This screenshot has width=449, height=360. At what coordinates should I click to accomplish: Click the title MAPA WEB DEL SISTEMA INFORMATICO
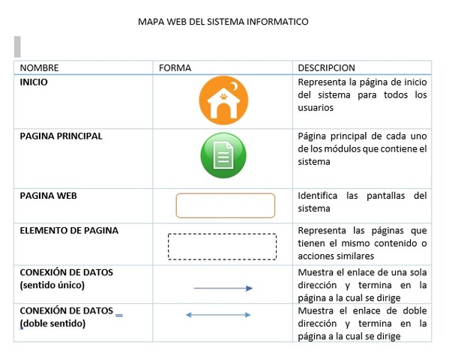(x=223, y=22)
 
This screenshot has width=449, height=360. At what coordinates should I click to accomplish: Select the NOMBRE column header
(x=40, y=67)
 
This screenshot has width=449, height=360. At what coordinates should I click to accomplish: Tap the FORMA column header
(x=175, y=67)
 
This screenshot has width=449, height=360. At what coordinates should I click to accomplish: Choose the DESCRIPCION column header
(x=326, y=67)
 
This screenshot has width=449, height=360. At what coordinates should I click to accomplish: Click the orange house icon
(x=223, y=100)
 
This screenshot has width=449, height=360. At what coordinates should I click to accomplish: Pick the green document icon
(x=223, y=156)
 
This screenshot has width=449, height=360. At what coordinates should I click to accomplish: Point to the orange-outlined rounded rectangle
(x=225, y=205)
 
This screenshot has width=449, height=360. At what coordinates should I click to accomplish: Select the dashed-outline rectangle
(x=222, y=246)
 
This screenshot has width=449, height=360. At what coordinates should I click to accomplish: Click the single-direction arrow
(x=223, y=288)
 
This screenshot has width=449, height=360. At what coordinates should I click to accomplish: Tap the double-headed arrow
(x=218, y=315)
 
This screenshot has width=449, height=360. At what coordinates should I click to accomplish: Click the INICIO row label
(x=34, y=82)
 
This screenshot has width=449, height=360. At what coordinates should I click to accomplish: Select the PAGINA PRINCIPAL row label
(x=61, y=136)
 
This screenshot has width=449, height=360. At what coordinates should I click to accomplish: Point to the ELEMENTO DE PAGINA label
(x=69, y=230)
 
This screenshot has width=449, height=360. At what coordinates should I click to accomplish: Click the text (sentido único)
(x=52, y=285)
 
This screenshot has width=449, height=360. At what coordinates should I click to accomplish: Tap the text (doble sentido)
(x=52, y=323)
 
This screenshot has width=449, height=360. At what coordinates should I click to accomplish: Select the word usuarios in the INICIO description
(x=316, y=107)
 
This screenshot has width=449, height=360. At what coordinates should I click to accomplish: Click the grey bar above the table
(x=17, y=46)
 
